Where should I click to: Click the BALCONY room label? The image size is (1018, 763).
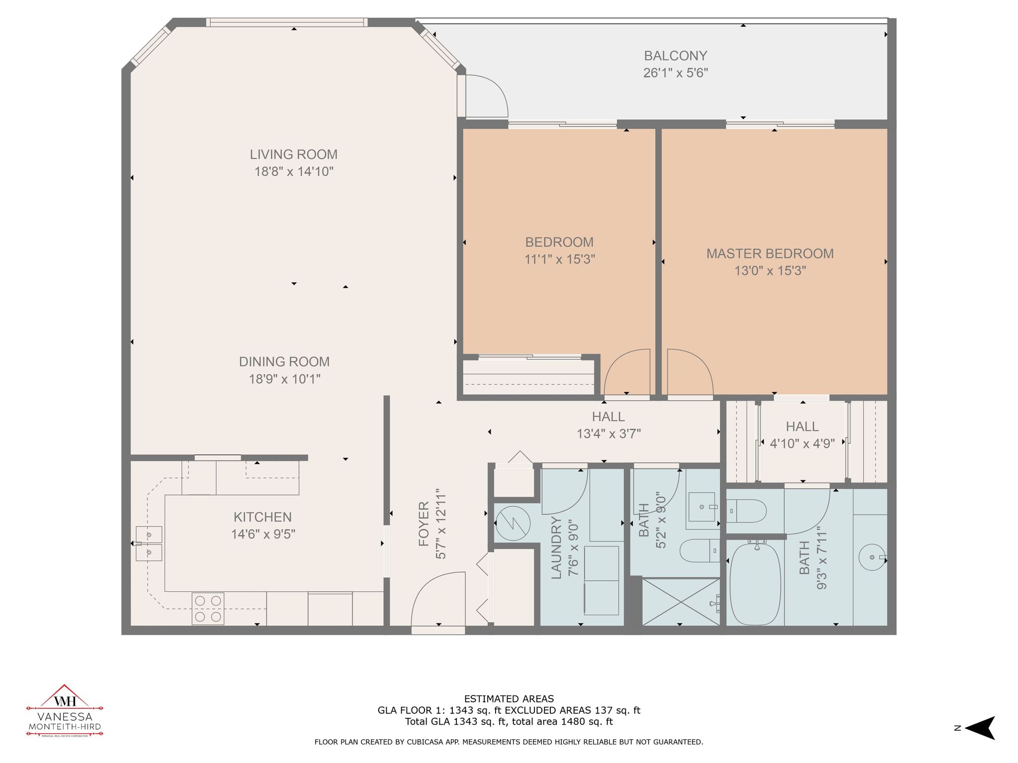(675, 56)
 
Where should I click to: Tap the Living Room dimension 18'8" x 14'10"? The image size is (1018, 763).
(294, 172)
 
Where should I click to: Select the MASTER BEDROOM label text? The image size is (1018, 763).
(769, 254)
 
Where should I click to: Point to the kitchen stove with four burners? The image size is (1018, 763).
(208, 609)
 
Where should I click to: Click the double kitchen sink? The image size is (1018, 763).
(149, 543)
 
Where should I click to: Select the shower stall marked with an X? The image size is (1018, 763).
(680, 601)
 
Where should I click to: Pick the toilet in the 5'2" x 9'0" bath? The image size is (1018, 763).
(698, 551)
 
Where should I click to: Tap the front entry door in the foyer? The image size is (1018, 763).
(437, 601)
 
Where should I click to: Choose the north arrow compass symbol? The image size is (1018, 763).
(979, 728)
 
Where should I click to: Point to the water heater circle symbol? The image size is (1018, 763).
(513, 523)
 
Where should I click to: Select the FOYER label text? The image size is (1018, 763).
(424, 524)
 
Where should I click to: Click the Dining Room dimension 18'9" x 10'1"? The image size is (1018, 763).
(284, 379)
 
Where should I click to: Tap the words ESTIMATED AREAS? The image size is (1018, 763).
(509, 699)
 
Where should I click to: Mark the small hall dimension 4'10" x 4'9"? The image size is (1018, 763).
(802, 444)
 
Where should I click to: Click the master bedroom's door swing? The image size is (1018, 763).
(688, 373)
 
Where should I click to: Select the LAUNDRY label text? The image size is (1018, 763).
(556, 547)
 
